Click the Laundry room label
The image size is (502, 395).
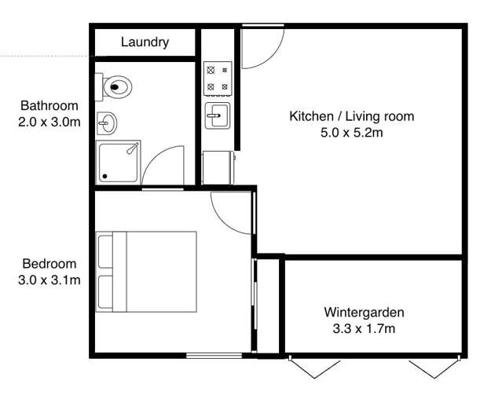pos(145,42)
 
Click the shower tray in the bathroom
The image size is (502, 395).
pos(119,163)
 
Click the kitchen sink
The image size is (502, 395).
pos(216,116)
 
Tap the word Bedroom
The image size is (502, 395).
pos(49,264)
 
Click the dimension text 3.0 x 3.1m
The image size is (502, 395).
pos(49,280)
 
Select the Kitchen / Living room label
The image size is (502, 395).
pos(351,117)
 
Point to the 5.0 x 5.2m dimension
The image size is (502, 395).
pos(351,133)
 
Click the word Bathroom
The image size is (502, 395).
pos(49,106)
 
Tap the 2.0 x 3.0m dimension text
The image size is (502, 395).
pos(49,122)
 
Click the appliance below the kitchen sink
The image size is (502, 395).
pos(217,167)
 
